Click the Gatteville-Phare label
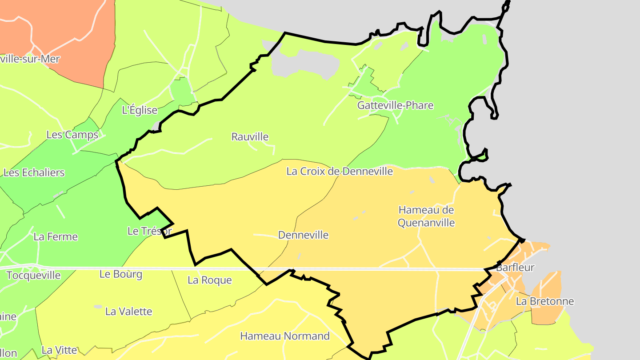[x=395, y=106]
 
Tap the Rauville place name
[x=250, y=137]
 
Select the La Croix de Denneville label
[x=340, y=171]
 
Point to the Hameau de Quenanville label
[x=426, y=216]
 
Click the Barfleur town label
[x=515, y=268]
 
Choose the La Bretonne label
[x=544, y=301]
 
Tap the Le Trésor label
[x=149, y=231]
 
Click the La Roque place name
[x=209, y=280]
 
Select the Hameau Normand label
[x=285, y=336]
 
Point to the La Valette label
[x=128, y=312]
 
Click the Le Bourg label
[x=121, y=274]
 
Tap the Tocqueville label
[x=33, y=275]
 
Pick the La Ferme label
[x=56, y=237]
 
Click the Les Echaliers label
[x=34, y=172]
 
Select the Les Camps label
[x=72, y=135]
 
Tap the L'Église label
[x=140, y=110]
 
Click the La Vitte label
[x=59, y=350]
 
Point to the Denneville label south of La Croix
[x=303, y=235]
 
